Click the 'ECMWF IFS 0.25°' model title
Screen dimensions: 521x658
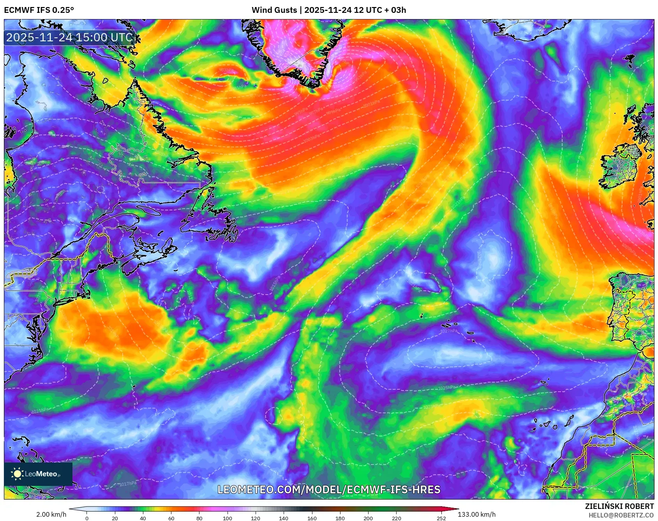pos(39,10)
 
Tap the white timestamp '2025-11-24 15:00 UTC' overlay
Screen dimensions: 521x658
pos(69,37)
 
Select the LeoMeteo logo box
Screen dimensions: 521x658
pos(38,474)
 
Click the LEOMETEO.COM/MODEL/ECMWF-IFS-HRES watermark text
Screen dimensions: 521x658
pos(329,489)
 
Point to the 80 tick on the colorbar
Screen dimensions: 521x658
pos(199,518)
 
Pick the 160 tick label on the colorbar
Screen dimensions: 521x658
pos(312,518)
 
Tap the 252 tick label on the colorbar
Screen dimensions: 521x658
pos(441,518)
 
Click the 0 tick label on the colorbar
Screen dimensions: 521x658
pos(87,518)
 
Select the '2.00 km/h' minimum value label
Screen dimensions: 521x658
pos(51,514)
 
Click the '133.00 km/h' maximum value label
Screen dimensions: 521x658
pos(476,514)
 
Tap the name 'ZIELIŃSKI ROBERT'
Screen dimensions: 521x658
pos(619,506)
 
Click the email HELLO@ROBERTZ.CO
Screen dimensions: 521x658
pos(621,515)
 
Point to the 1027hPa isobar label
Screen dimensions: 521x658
pos(449,331)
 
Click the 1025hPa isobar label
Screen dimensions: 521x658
pos(446,388)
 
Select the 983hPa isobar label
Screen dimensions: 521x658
pos(226,70)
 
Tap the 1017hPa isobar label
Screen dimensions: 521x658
pos(128,484)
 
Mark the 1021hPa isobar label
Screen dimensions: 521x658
pos(40,410)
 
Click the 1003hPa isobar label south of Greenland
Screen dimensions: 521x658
pos(312,138)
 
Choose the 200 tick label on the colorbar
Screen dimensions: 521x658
pos(368,518)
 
